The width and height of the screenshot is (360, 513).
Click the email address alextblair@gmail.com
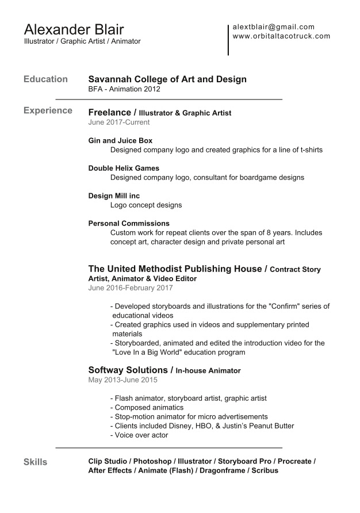(273, 26)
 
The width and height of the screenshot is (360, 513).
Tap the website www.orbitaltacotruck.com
(281, 36)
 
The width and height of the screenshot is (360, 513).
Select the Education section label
(45, 79)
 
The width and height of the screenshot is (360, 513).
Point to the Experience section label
(48, 110)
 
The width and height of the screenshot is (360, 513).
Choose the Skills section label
(35, 462)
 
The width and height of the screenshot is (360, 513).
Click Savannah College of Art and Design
(167, 79)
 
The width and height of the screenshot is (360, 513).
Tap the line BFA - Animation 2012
(124, 89)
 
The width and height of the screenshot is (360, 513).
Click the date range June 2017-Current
(119, 122)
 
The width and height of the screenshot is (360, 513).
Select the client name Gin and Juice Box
(120, 140)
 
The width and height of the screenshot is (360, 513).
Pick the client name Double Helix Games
(124, 168)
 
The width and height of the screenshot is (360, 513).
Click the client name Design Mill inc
(114, 196)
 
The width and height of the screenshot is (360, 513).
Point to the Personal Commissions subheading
(129, 223)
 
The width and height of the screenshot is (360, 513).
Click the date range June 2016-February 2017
(131, 288)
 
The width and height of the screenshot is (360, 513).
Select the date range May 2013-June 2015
(122, 380)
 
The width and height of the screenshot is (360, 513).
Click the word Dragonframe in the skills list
(223, 470)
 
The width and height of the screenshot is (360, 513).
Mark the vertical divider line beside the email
(228, 40)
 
